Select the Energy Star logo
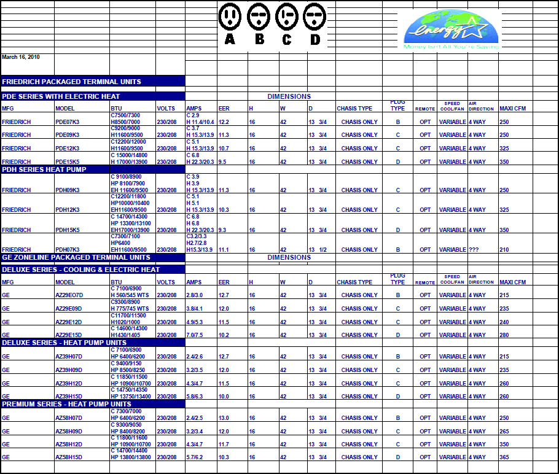click(x=451, y=29)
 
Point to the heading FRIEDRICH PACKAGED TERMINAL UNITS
click(x=72, y=81)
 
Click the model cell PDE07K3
click(x=68, y=122)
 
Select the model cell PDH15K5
click(x=68, y=230)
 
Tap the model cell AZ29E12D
click(x=69, y=322)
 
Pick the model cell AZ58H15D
click(x=69, y=457)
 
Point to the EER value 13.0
click(x=224, y=418)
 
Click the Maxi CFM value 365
click(x=505, y=457)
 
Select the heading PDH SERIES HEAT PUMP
click(x=44, y=169)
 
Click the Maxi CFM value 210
click(x=505, y=249)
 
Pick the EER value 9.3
click(x=222, y=230)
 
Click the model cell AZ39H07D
click(x=69, y=356)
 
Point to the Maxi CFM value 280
click(x=505, y=335)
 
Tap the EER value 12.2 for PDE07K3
click(x=224, y=122)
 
